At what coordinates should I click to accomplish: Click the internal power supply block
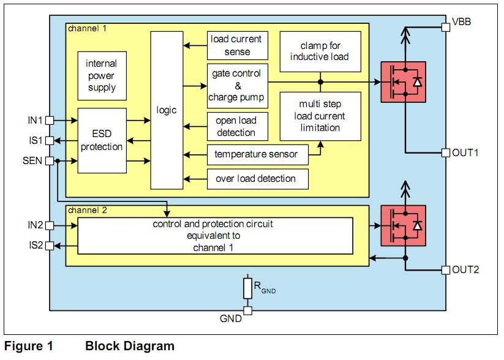tap(102, 76)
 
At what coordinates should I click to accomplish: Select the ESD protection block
tap(102, 140)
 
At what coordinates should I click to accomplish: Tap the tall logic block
tap(167, 111)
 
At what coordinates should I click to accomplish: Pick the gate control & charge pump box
tap(236, 85)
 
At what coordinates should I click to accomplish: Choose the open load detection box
tap(236, 126)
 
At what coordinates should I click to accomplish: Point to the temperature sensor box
tap(256, 154)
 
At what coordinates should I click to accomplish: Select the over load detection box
tap(256, 179)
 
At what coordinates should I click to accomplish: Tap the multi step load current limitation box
tap(320, 116)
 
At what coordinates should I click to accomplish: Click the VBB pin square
tap(445, 26)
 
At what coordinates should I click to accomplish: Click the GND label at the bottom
tap(231, 319)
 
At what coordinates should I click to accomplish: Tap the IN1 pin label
tap(35, 120)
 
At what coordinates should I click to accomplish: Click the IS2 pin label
tap(35, 246)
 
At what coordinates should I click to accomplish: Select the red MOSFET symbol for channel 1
tap(405, 82)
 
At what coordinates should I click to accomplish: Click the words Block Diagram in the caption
tap(130, 347)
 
